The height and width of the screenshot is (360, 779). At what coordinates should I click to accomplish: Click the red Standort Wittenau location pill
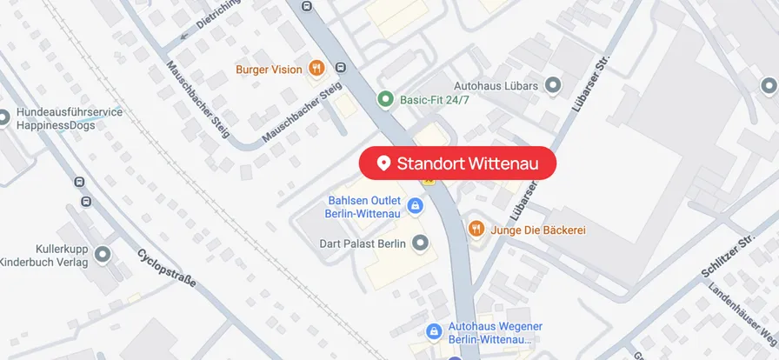tap(457, 163)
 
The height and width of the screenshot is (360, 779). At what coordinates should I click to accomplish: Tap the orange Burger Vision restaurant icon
tap(316, 69)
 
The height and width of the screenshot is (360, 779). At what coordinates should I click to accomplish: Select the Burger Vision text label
tap(269, 69)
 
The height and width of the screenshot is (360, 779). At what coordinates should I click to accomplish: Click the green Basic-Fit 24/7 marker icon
tap(386, 100)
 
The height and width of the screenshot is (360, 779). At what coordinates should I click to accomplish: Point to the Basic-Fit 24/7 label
tap(435, 100)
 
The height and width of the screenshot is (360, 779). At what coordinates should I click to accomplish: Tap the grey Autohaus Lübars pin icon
tap(553, 85)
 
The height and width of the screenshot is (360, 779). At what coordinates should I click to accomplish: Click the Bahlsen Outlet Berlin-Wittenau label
tap(363, 206)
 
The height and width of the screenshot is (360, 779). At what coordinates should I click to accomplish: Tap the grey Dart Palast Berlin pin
tap(421, 243)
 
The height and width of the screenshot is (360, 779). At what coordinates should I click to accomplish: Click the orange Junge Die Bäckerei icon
tap(476, 230)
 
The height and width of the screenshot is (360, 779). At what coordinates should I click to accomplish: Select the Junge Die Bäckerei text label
tap(538, 230)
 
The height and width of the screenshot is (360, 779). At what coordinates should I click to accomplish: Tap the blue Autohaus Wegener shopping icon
tap(434, 332)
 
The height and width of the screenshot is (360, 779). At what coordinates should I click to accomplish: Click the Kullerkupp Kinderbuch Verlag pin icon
tap(103, 255)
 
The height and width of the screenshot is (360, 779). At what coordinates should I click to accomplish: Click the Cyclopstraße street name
tap(167, 269)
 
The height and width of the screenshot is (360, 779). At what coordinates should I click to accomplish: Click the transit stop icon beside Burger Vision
tap(340, 68)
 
